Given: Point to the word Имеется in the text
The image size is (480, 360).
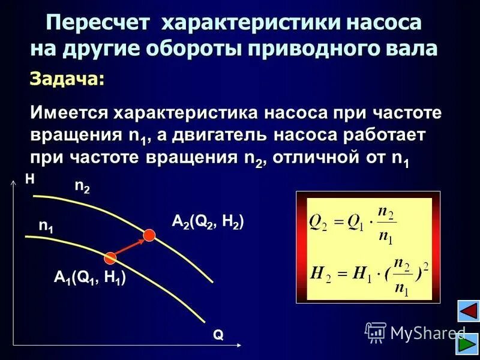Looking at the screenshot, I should coord(69,113).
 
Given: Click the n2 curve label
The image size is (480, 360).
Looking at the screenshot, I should coord(82,187).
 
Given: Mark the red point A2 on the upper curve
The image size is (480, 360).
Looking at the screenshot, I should coord(149,235).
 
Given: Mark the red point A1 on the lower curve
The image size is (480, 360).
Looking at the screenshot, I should coord(110,258).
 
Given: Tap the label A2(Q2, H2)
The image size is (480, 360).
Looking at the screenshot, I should coord(208,222).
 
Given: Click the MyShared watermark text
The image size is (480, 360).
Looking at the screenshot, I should coord(426,332).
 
